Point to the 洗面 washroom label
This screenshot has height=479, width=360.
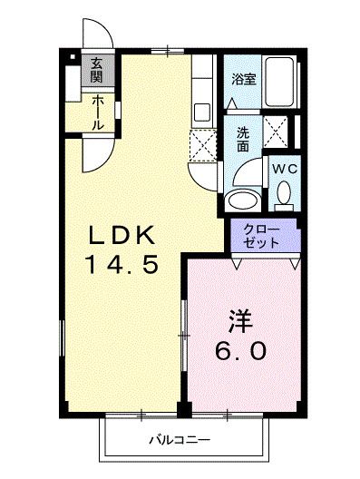click(244, 139)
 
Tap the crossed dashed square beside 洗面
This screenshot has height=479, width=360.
click(276, 132)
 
